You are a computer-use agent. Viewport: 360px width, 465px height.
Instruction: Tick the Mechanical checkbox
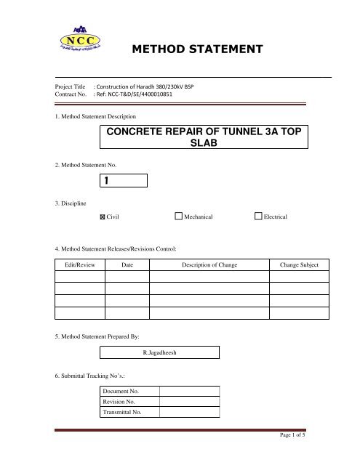(179, 217)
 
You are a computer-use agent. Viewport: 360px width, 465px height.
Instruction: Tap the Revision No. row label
(122, 402)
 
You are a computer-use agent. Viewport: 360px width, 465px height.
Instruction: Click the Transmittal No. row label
(124, 412)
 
